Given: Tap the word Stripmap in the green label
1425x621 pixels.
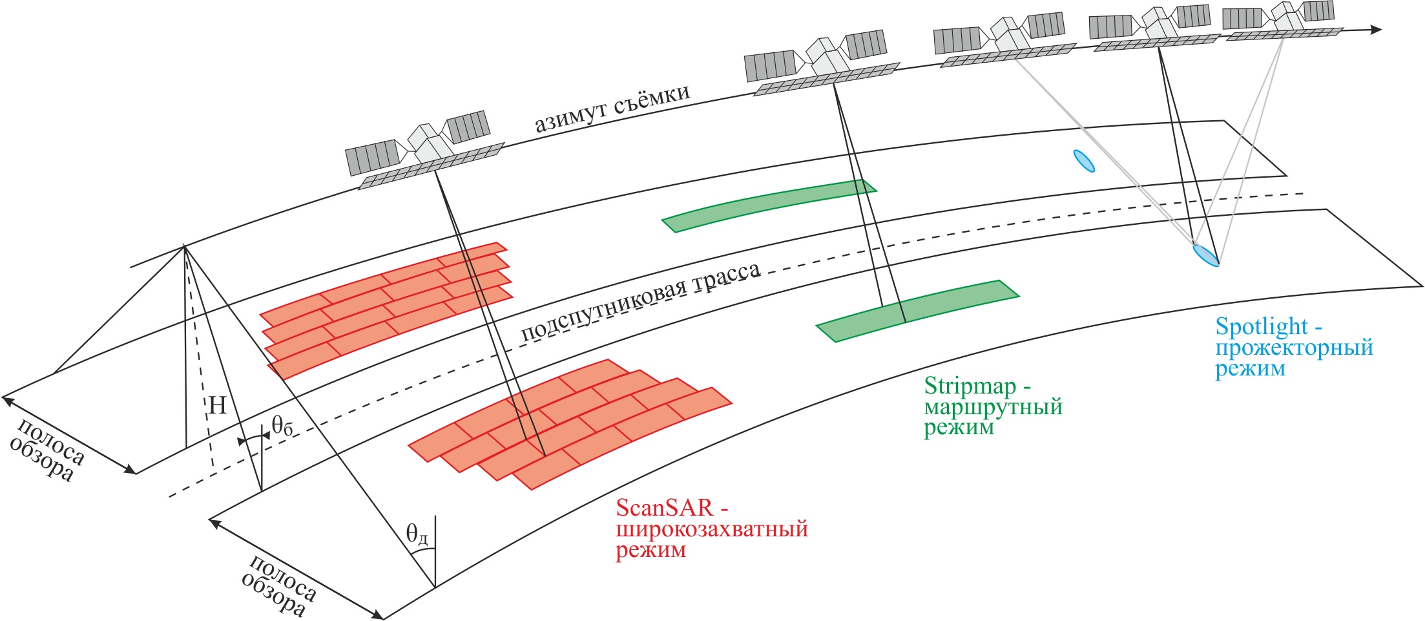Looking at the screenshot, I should pos(970,386).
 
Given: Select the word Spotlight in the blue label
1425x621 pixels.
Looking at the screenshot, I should pos(1261,327).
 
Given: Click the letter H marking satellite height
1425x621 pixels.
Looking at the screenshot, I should pos(218,406).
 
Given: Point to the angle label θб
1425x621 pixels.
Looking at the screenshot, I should pos(282,426).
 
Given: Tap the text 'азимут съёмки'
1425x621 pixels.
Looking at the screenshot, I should pos(612,109).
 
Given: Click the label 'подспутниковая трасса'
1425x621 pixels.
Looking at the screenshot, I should pos(640,302).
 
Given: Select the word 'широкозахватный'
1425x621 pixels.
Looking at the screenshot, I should pos(711,529).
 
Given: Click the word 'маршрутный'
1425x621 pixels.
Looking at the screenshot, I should pos(993,408).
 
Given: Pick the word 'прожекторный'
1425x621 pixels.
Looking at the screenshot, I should pos(1294,348).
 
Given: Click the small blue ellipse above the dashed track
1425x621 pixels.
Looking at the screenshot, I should pos(1084,161).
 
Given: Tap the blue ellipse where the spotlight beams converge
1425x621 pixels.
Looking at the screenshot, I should pos(1205,255).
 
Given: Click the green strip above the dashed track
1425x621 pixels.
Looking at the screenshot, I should pos(769,205).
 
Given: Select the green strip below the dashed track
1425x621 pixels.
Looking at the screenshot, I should pos(917,311).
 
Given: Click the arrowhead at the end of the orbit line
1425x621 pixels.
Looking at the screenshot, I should pos(1376,30).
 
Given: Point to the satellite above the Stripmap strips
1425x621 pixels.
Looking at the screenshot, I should pos(820,65).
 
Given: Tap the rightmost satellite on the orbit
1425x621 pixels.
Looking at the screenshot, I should pos(1282,21).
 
